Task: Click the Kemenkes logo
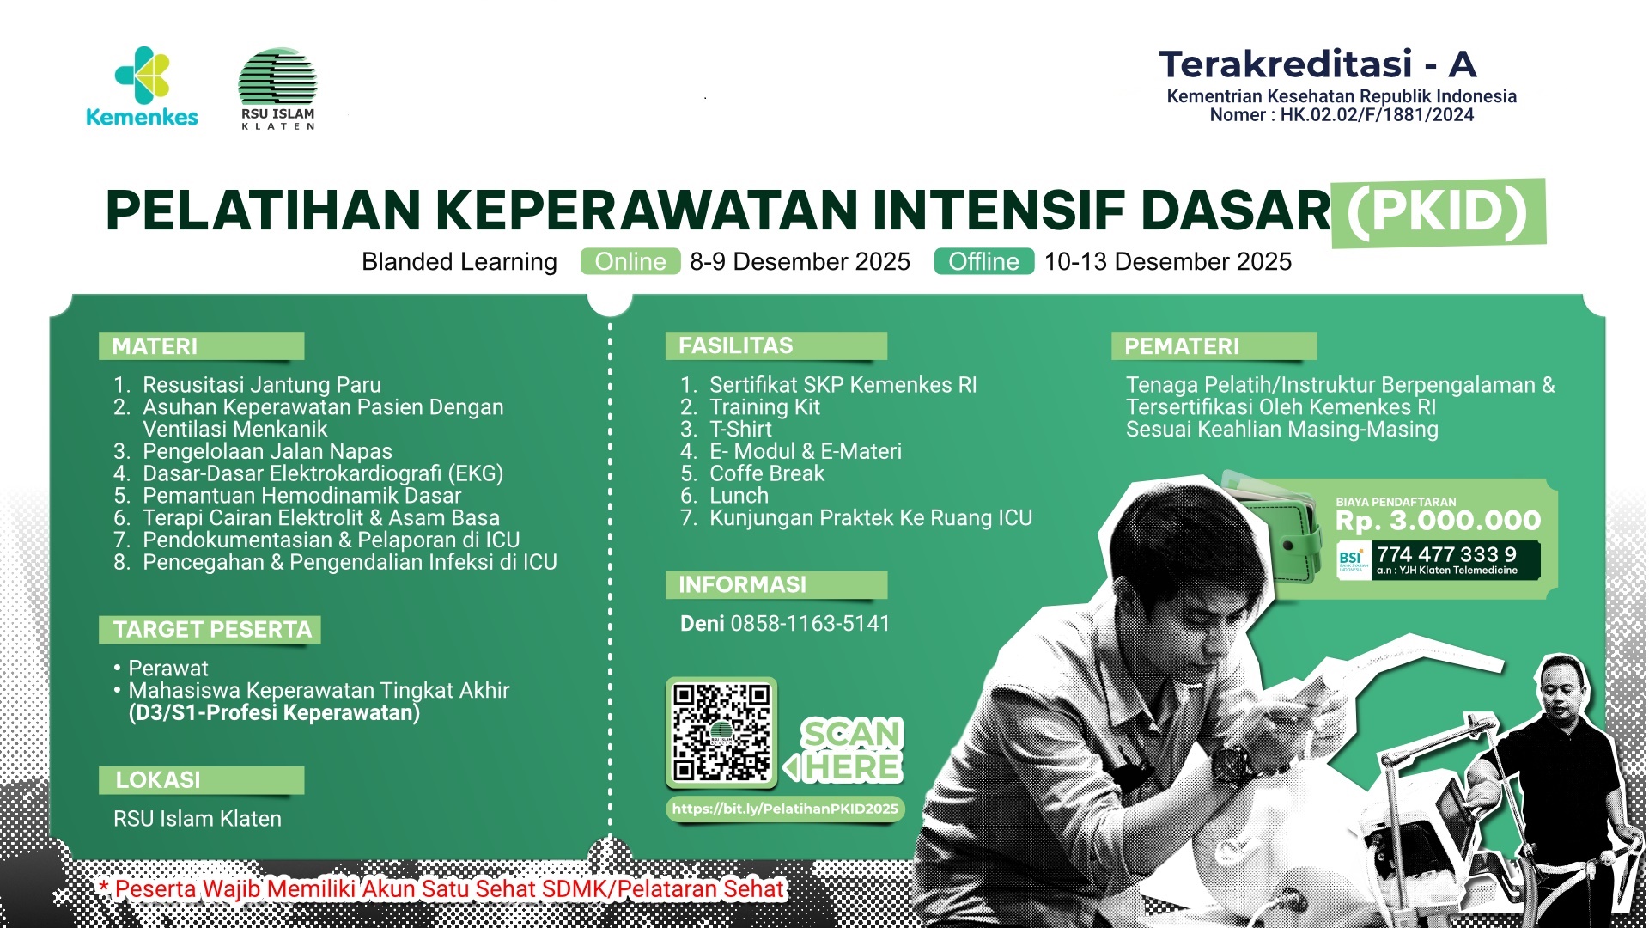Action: click(x=142, y=86)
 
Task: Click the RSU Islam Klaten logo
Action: click(x=277, y=89)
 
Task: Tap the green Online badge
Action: click(x=630, y=261)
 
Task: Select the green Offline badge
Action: click(x=983, y=261)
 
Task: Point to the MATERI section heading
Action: click(x=155, y=346)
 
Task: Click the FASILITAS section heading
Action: click(x=736, y=345)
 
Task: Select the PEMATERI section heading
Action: click(x=1182, y=346)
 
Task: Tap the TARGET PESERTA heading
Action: click(x=212, y=630)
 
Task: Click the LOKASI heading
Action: click(x=158, y=780)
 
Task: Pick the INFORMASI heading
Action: click(x=743, y=585)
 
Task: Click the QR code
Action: click(x=721, y=732)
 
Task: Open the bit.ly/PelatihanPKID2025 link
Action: click(x=785, y=809)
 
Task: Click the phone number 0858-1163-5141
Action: click(x=810, y=624)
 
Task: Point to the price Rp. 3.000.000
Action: click(x=1439, y=521)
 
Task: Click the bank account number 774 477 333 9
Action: click(x=1447, y=554)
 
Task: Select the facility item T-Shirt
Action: click(x=740, y=430)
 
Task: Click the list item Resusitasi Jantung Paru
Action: click(x=261, y=385)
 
